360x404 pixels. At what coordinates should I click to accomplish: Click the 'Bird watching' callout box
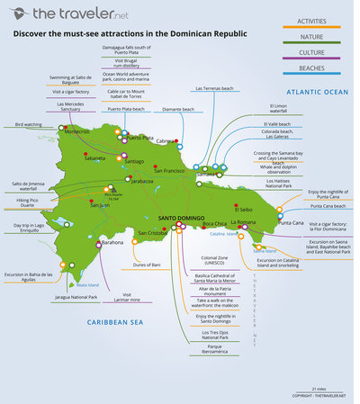tap(30, 123)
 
